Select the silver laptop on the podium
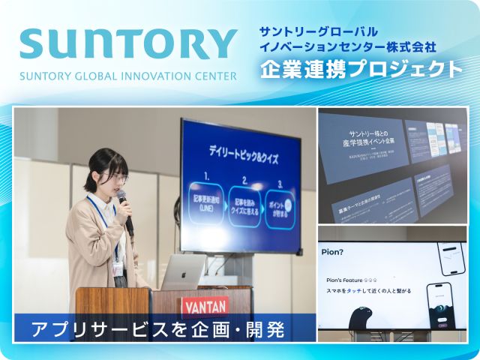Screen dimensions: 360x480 [x=184, y=271]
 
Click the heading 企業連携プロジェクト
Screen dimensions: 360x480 [x=361, y=69]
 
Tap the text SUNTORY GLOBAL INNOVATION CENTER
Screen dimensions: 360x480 [x=127, y=76]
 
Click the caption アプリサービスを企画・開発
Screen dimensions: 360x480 [x=161, y=328]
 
